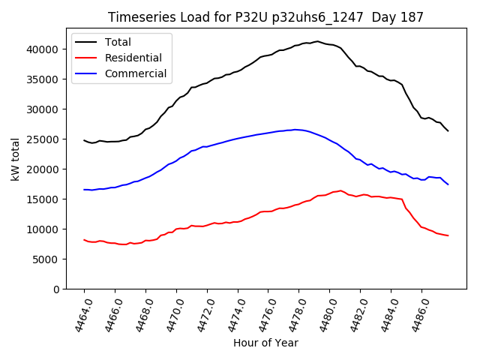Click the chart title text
click(x=265, y=17)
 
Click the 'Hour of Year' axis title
click(x=265, y=343)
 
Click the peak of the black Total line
click(x=317, y=41)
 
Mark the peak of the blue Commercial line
click(x=296, y=130)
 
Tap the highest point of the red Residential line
click(x=340, y=190)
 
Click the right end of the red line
click(x=448, y=235)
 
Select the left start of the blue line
click(x=84, y=190)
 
